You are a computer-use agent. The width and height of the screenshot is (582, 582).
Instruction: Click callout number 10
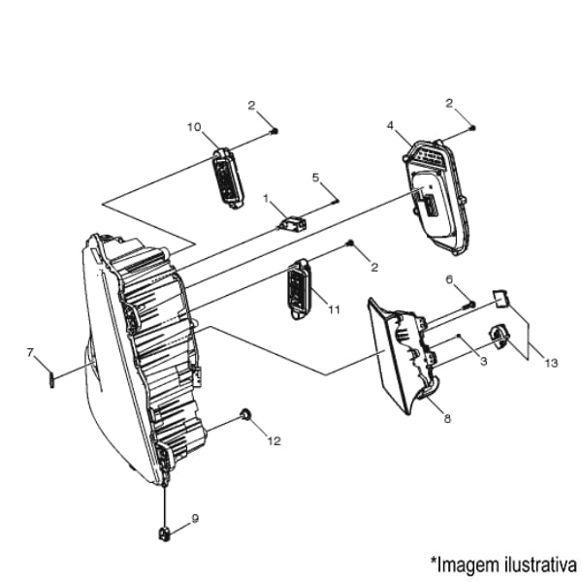pyautogui.click(x=194, y=127)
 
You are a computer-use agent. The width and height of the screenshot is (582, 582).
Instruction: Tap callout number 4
pyautogui.click(x=390, y=125)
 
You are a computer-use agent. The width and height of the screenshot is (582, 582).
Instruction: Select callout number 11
pyautogui.click(x=334, y=309)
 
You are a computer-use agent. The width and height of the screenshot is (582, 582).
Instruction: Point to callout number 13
pyautogui.click(x=552, y=363)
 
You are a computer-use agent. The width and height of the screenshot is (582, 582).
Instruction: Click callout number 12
pyautogui.click(x=275, y=441)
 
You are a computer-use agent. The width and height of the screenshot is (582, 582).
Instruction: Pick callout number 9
pyautogui.click(x=195, y=518)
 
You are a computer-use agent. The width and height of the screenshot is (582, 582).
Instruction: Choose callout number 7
pyautogui.click(x=30, y=352)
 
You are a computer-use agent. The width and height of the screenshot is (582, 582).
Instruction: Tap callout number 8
pyautogui.click(x=447, y=419)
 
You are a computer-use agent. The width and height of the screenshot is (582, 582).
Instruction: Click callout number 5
pyautogui.click(x=315, y=178)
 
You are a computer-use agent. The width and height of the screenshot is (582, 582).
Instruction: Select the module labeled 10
pyautogui.click(x=228, y=178)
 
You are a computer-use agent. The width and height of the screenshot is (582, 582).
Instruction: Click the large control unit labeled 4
pyautogui.click(x=436, y=198)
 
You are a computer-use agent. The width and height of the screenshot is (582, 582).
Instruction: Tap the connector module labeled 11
pyautogui.click(x=299, y=289)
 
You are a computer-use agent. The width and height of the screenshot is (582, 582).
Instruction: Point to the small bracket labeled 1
pyautogui.click(x=294, y=224)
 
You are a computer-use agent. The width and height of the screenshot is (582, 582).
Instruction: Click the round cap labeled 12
pyautogui.click(x=245, y=414)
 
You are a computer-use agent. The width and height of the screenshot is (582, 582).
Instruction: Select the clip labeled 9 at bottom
pyautogui.click(x=165, y=533)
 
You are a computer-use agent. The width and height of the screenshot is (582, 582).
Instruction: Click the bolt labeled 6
pyautogui.click(x=469, y=306)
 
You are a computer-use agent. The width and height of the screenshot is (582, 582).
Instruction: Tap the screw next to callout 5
pyautogui.click(x=335, y=203)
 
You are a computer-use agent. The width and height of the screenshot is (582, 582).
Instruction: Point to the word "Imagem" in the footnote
pyautogui.click(x=469, y=566)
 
